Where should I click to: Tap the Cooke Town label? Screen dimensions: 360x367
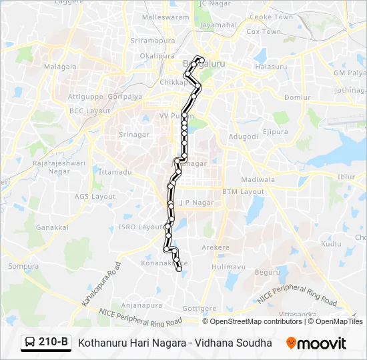(271, 17)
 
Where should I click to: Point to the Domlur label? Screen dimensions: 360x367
(297, 97)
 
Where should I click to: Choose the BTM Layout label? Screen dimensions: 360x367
(243, 191)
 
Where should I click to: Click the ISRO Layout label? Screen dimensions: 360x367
(141, 227)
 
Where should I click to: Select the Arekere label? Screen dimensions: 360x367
(216, 247)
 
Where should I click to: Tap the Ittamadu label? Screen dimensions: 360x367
(111, 171)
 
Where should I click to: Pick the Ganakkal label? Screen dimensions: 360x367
(52, 227)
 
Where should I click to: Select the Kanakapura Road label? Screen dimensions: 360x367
(102, 284)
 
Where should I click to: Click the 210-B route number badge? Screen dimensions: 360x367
(46, 343)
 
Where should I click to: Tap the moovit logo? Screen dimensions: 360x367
(316, 343)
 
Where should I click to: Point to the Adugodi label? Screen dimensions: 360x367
(243, 136)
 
